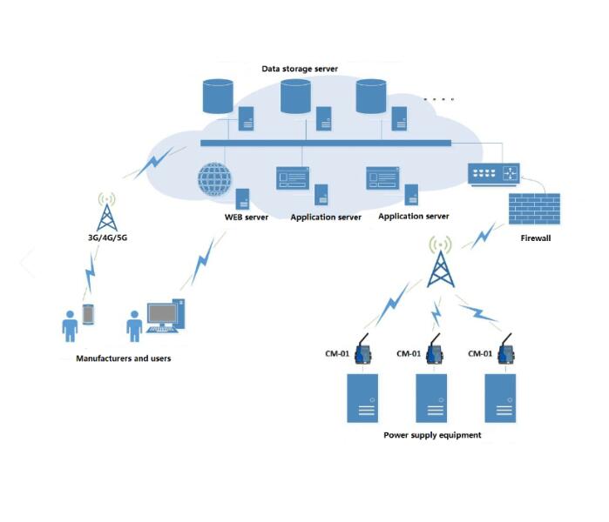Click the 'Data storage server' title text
[x=300, y=68]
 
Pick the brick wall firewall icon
[x=532, y=211]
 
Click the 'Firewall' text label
[x=536, y=238]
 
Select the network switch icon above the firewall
[x=494, y=174]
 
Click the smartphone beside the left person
[x=87, y=314]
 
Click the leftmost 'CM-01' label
[x=335, y=353]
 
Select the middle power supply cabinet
[x=435, y=398]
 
